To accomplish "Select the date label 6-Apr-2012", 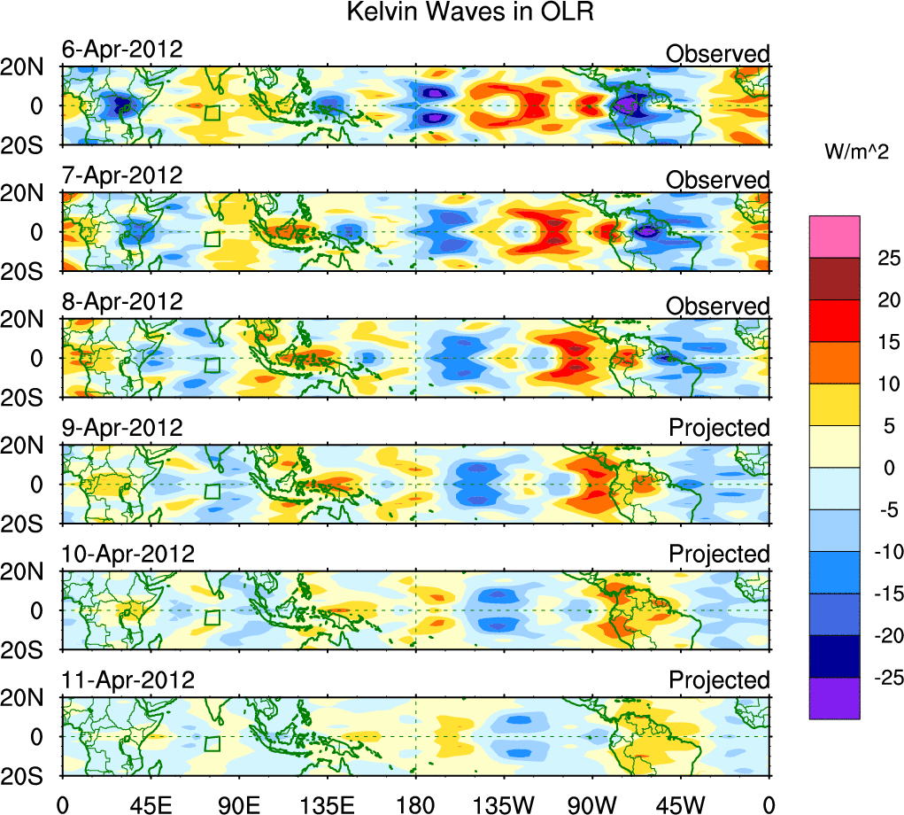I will (122, 49).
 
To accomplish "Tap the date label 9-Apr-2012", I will (122, 428).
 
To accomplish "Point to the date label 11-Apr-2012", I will (127, 680).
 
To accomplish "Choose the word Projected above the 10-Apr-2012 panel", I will (719, 554).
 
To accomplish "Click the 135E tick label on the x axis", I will (327, 804).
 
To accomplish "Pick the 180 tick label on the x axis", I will (416, 804).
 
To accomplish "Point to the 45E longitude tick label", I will (150, 804).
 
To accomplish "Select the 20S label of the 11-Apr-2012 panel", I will (29, 774).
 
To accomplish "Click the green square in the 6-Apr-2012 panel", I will (212, 112).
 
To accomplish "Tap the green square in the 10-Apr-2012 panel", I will (212, 617).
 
